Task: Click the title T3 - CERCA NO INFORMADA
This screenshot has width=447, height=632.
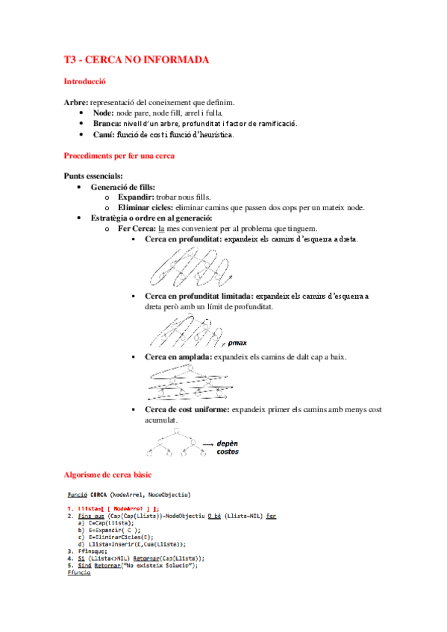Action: click(x=137, y=60)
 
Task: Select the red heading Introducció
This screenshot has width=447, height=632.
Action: click(x=85, y=81)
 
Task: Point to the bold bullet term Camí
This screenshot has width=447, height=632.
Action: click(x=103, y=135)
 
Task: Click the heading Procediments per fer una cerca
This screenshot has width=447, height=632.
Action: click(x=120, y=157)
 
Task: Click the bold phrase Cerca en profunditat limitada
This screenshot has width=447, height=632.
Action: click(x=198, y=296)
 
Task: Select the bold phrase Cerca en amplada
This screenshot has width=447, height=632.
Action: click(x=178, y=358)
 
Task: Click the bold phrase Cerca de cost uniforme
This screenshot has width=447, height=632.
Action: click(x=187, y=410)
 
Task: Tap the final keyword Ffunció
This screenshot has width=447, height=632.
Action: click(x=78, y=572)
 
